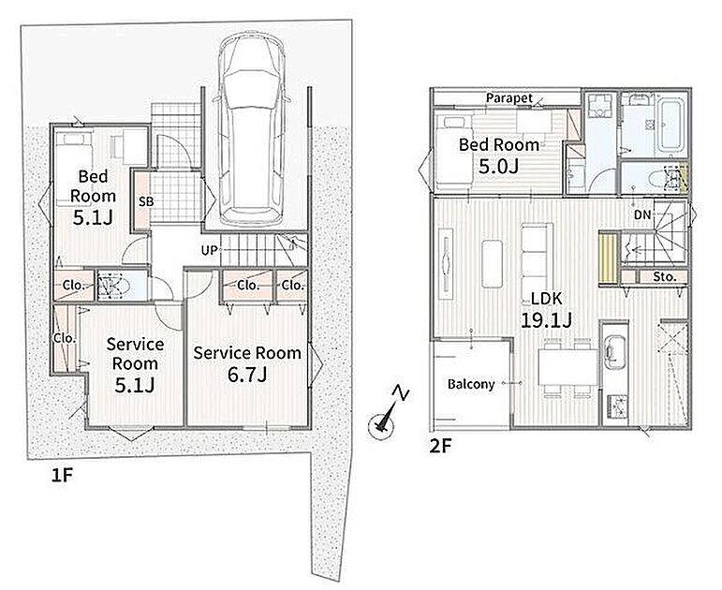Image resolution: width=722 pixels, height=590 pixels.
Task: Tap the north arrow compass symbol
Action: click(x=386, y=415)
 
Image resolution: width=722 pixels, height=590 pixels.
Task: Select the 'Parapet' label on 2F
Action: click(x=509, y=98)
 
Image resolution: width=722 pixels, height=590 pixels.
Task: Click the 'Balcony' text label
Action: click(x=471, y=384)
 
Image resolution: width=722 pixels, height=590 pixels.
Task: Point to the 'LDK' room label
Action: click(x=547, y=299)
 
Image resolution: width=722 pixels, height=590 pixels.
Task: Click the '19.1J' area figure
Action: click(x=546, y=319)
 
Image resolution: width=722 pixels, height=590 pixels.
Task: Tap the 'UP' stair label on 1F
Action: click(x=209, y=251)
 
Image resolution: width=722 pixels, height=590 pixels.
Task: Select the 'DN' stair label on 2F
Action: click(x=642, y=214)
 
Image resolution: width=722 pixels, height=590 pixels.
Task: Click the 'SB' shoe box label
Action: click(x=146, y=201)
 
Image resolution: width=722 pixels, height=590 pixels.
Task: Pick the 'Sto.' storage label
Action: click(x=665, y=277)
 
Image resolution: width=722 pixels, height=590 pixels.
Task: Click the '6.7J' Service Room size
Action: click(x=247, y=375)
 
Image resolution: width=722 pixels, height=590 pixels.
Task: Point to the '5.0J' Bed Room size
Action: click(x=499, y=166)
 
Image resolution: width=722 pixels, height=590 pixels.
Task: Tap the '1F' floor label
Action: click(x=62, y=475)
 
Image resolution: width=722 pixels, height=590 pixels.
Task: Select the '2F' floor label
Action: click(x=440, y=446)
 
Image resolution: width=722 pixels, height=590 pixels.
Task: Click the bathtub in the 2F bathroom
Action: click(x=670, y=125)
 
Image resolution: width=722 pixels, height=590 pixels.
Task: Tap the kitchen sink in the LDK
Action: click(x=614, y=351)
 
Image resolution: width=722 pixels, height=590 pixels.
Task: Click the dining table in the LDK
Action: click(x=567, y=367)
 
